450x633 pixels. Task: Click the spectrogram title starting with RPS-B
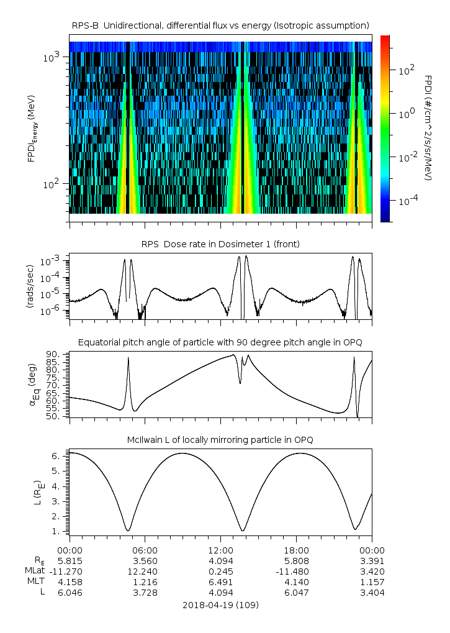[220, 25]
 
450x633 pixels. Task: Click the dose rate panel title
[220, 244]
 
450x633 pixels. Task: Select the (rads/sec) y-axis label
[30, 286]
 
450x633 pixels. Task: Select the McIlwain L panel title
[220, 440]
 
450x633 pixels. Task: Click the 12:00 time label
[220, 550]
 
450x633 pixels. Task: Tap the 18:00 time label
[296, 550]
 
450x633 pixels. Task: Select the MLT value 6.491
[220, 581]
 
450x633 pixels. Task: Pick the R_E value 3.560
[145, 560]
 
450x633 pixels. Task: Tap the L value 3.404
[372, 592]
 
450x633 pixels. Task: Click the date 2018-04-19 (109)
[220, 604]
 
